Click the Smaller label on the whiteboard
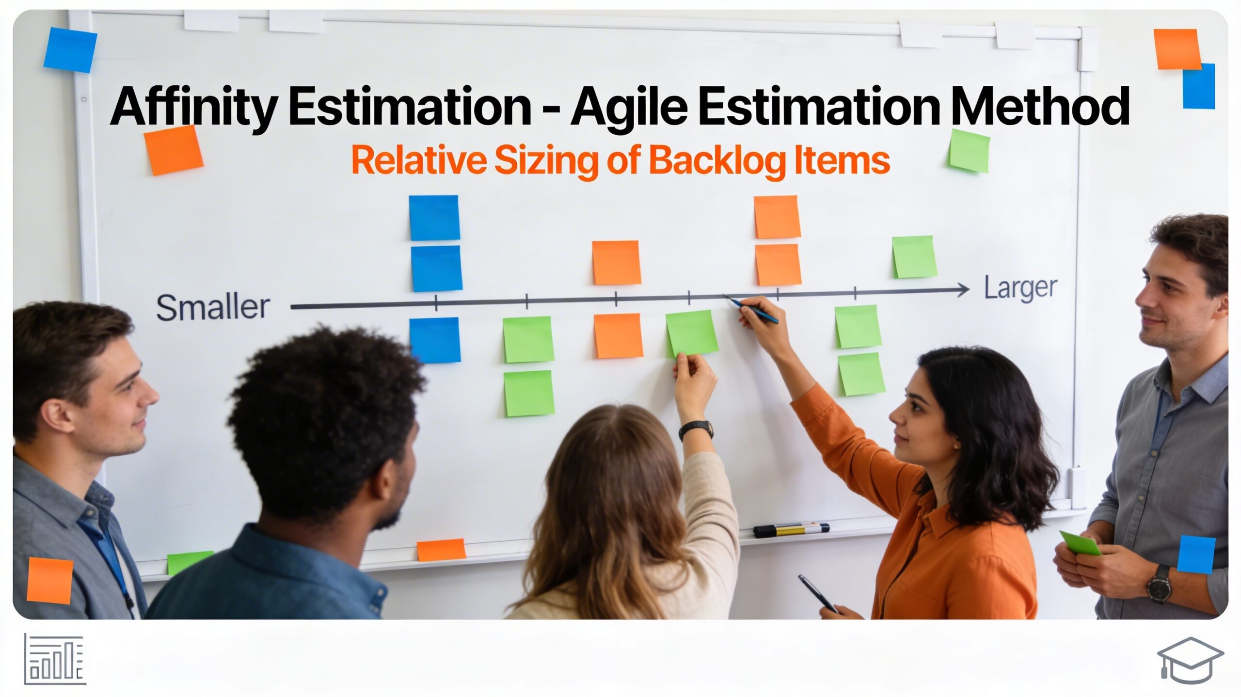click(213, 307)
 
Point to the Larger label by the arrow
click(1020, 289)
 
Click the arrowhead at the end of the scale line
click(962, 290)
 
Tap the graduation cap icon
click(1190, 660)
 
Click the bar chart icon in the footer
click(55, 659)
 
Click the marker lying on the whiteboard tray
click(791, 529)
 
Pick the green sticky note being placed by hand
click(691, 334)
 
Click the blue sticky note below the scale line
click(435, 340)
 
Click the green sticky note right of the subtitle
click(969, 151)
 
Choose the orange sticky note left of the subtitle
click(173, 150)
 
